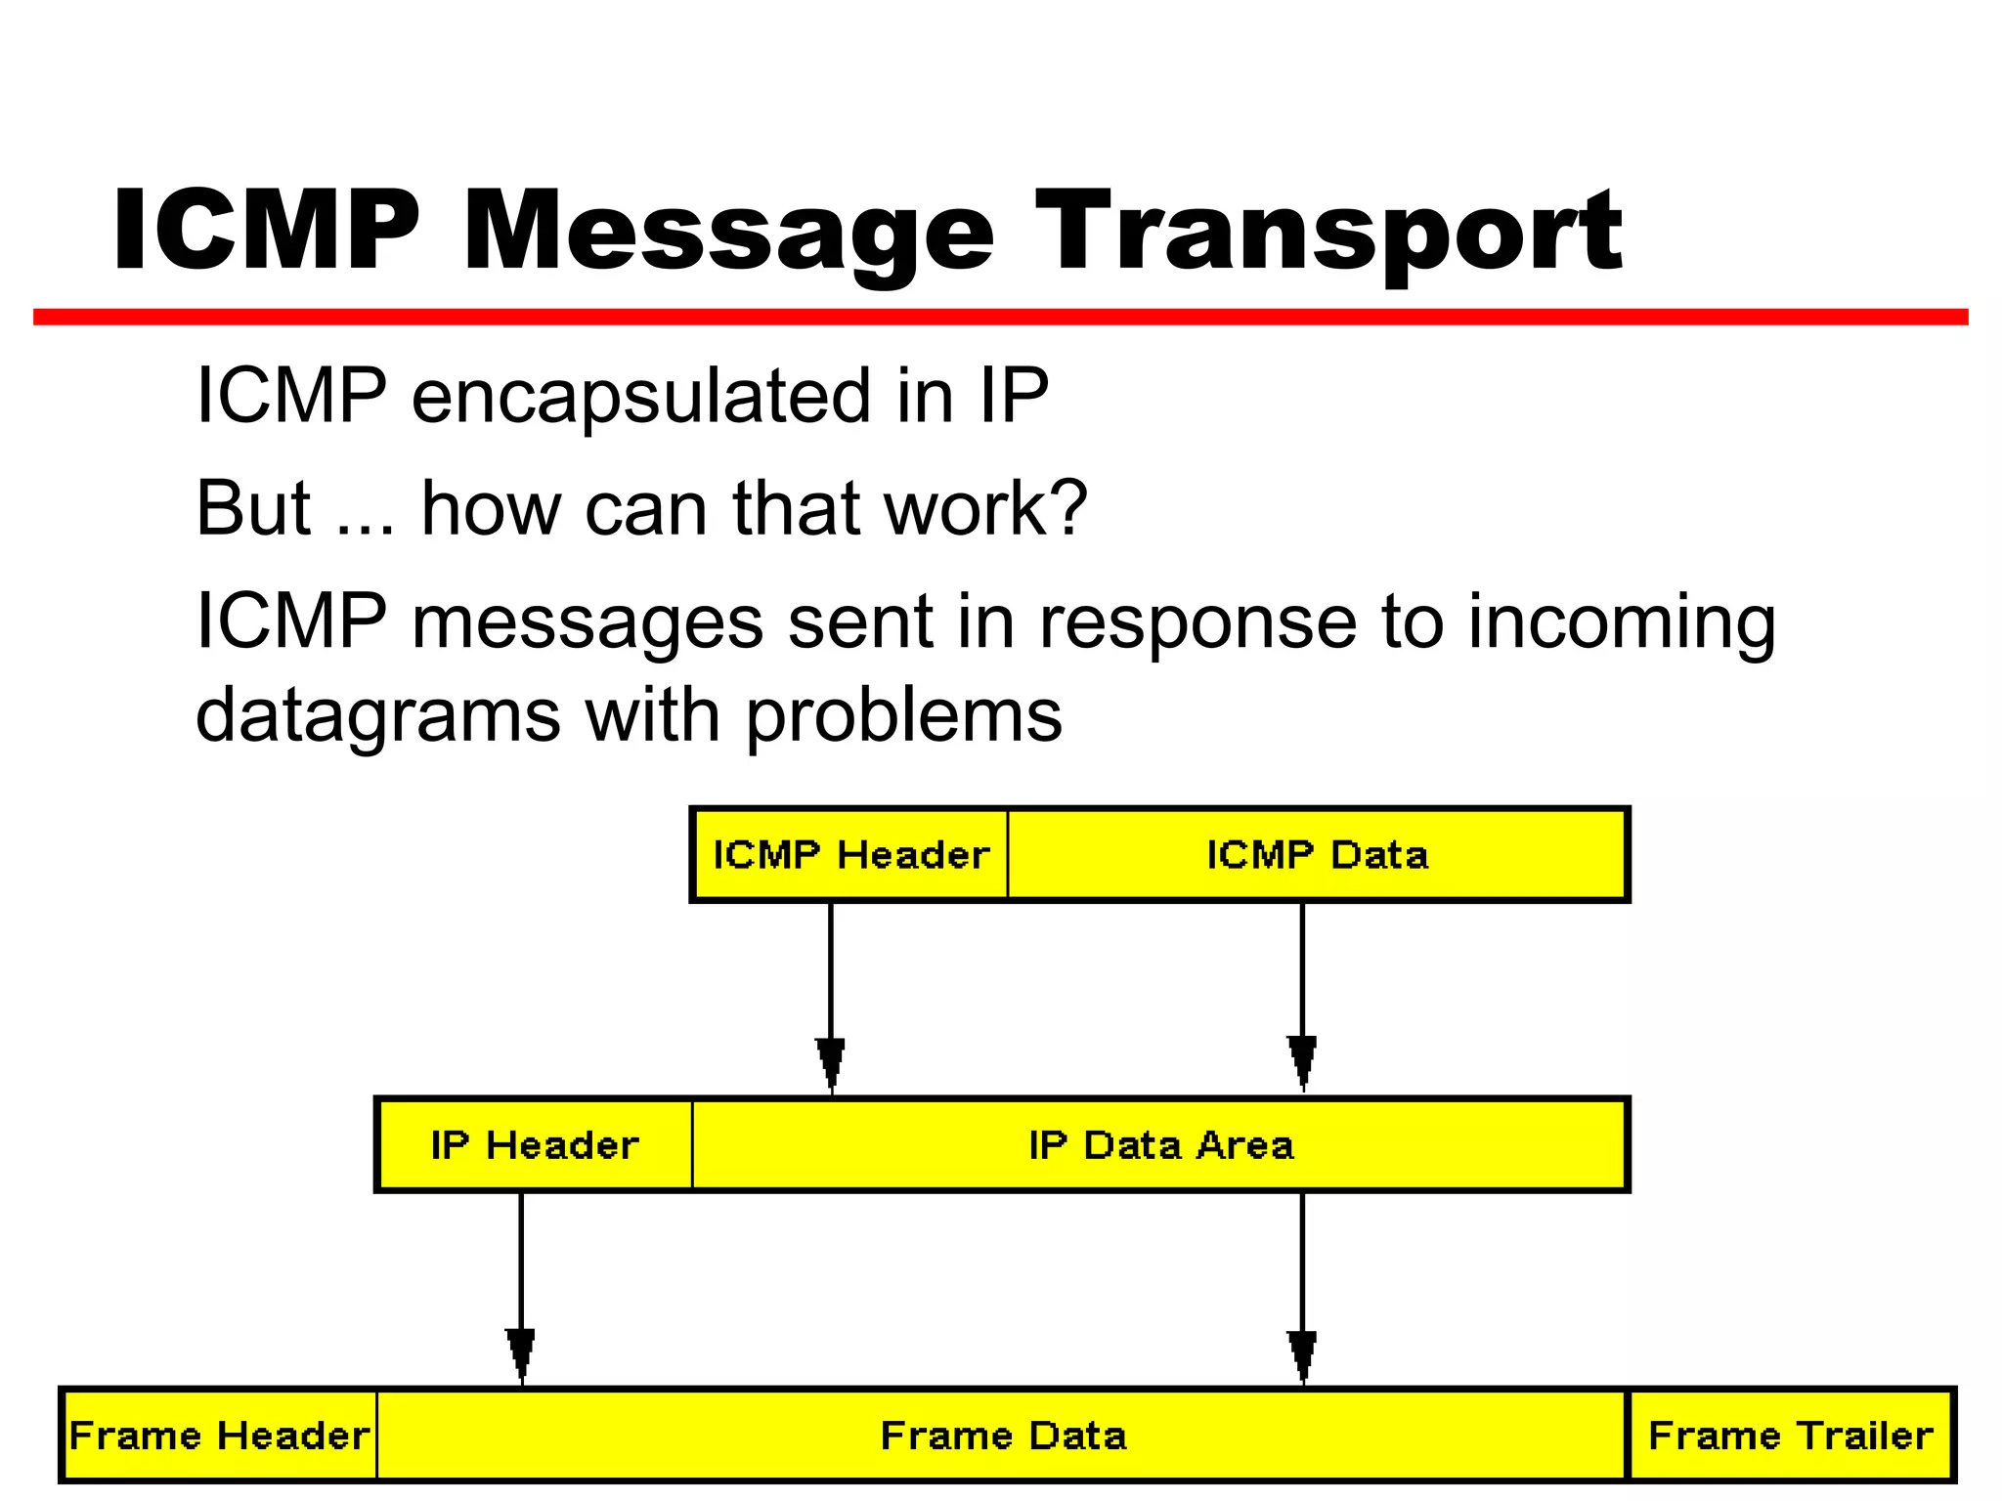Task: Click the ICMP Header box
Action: [x=849, y=854]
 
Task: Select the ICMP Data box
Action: [x=1317, y=854]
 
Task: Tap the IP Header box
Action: [x=534, y=1144]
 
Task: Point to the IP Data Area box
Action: [x=1159, y=1144]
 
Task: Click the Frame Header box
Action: [x=220, y=1435]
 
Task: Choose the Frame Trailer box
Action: [x=1790, y=1435]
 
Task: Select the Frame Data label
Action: [x=1003, y=1435]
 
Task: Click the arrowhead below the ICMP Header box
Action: [x=831, y=1063]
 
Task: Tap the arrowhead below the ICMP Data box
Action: [x=1302, y=1063]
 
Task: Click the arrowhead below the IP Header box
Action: [x=521, y=1354]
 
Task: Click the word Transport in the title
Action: [x=1328, y=233]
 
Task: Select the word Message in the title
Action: [x=728, y=233]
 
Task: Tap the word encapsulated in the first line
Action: [x=640, y=396]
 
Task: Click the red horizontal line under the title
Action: [x=1000, y=317]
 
